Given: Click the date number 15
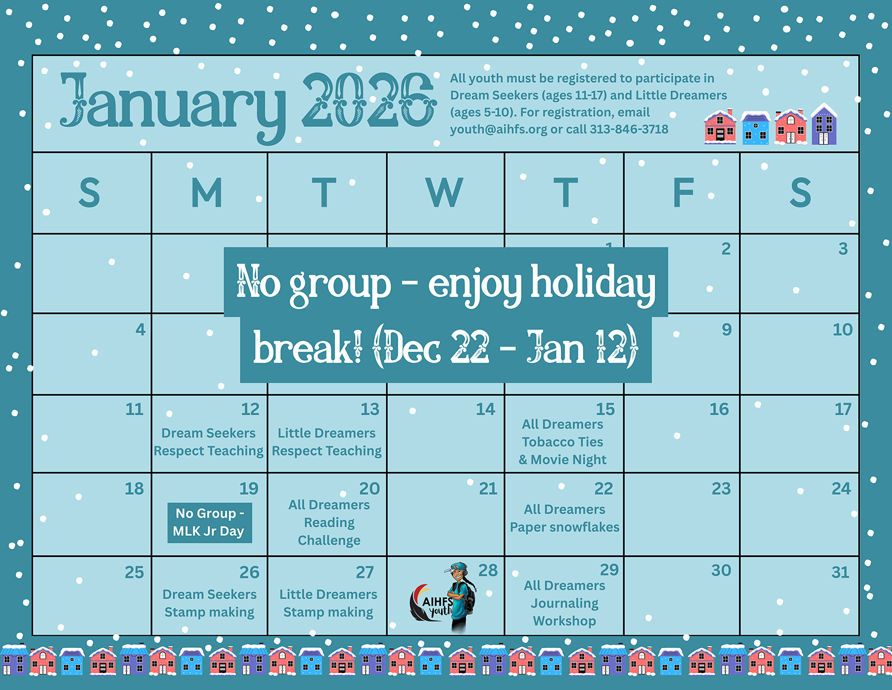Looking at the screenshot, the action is (x=606, y=409).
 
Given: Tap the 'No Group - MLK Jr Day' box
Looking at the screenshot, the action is (x=210, y=522).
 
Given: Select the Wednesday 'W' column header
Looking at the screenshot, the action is (x=445, y=193).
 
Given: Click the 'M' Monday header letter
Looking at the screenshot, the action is (x=207, y=193).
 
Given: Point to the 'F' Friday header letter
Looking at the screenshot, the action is (x=683, y=193).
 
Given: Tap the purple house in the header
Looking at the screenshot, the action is (x=824, y=124).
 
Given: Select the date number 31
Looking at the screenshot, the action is (x=840, y=572).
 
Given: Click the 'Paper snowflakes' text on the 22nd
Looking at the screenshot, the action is (x=565, y=527).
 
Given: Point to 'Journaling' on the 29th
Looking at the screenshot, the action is (x=565, y=603).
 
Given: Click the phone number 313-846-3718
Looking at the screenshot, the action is (x=629, y=129).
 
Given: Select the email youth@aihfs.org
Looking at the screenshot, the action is (x=498, y=130).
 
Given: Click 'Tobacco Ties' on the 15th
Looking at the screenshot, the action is (x=562, y=441).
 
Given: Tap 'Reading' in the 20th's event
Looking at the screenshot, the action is (x=329, y=522).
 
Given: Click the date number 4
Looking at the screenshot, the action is (x=140, y=329).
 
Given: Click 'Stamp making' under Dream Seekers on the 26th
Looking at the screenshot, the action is (x=209, y=612).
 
